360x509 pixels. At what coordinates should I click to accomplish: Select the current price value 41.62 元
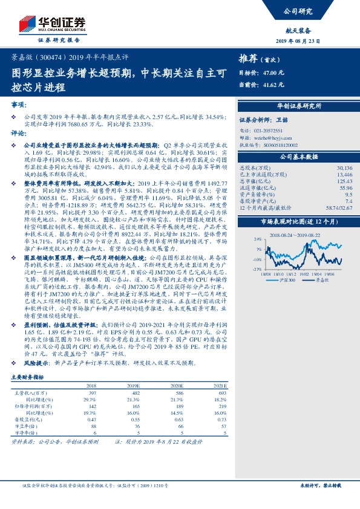(x=274, y=84)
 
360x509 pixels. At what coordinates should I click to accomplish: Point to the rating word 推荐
(x=248, y=59)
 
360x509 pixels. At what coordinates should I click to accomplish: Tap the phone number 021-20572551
(x=269, y=130)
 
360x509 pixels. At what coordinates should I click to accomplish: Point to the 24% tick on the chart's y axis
(x=258, y=239)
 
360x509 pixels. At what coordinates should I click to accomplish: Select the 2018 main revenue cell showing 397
(x=92, y=393)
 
